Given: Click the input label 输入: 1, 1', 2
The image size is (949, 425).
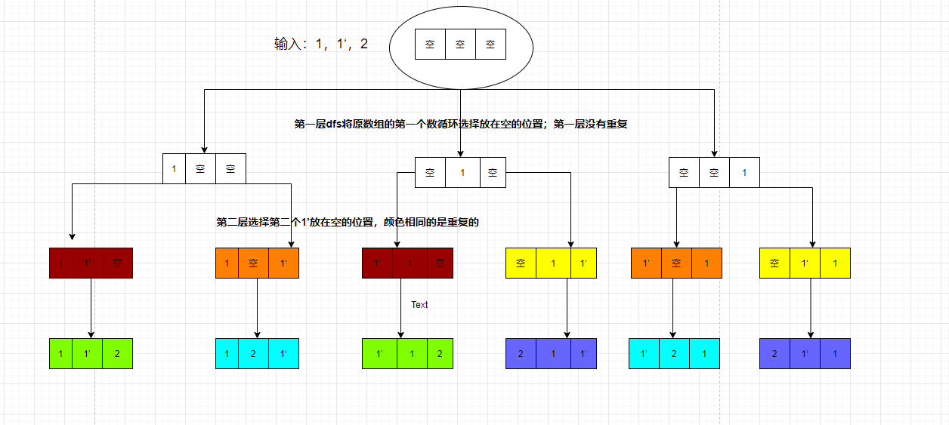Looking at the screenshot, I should (321, 45).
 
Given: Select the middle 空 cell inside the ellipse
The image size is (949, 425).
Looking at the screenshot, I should (460, 45).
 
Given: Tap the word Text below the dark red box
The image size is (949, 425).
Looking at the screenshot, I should (419, 305).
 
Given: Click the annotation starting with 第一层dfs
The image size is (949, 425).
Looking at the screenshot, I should (461, 125).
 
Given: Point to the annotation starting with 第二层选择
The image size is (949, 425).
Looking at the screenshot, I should (348, 222).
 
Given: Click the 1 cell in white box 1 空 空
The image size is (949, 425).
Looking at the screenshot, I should (174, 168).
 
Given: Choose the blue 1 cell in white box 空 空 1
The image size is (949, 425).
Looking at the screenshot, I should (744, 173).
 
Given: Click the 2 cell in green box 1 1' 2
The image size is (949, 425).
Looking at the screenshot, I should (117, 353).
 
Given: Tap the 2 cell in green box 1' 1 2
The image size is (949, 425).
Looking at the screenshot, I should (438, 353).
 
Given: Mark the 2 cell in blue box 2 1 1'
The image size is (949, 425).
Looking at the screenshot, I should (521, 353).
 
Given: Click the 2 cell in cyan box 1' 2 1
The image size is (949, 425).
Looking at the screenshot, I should (674, 353).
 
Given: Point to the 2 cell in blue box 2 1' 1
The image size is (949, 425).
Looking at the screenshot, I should (774, 353).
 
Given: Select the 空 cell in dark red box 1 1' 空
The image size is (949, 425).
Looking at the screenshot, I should (117, 263).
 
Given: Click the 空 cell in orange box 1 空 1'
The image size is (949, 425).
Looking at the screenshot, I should (253, 263).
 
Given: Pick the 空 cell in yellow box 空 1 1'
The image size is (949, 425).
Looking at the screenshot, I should (521, 263).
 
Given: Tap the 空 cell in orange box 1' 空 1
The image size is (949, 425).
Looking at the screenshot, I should (676, 263).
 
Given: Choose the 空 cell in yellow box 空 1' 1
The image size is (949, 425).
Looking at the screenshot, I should (774, 263).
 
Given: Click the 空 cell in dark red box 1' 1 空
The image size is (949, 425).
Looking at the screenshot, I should (439, 263).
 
